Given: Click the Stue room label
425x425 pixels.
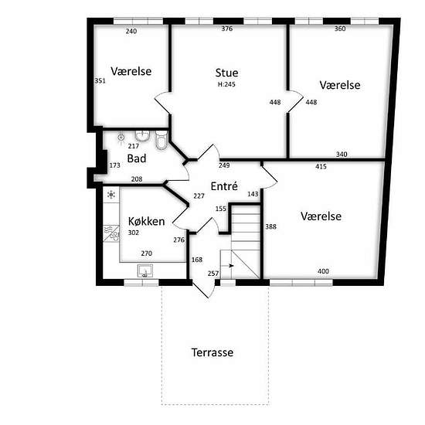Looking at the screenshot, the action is [x=226, y=73].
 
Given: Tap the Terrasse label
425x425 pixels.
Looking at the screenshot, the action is [x=212, y=352].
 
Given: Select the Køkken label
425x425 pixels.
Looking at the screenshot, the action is [x=146, y=222].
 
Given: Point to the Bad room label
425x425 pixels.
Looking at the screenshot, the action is [x=137, y=158].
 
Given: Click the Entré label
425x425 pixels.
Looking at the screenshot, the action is [x=224, y=186].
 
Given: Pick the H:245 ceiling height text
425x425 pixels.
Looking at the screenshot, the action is [x=226, y=84].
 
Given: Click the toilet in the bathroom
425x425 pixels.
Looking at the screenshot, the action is [x=161, y=140].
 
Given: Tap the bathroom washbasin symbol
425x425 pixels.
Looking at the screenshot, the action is [x=143, y=135].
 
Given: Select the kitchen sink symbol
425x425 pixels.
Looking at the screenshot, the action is [x=145, y=270].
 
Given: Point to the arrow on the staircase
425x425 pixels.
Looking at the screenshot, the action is [x=231, y=266].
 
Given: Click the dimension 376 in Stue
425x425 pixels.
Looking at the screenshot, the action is [x=227, y=29].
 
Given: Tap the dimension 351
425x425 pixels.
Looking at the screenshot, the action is [x=100, y=81].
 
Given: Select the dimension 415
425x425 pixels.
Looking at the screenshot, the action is [x=321, y=166].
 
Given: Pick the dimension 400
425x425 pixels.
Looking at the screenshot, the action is [x=323, y=271].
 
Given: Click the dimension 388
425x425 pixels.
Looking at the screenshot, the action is [x=270, y=226].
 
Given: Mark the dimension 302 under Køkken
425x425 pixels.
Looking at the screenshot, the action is [x=134, y=233].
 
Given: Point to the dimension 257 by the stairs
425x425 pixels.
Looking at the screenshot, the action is [x=213, y=274].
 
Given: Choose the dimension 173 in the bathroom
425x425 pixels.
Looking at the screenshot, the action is [x=114, y=165].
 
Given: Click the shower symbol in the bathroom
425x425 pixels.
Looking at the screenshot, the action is [x=121, y=138].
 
